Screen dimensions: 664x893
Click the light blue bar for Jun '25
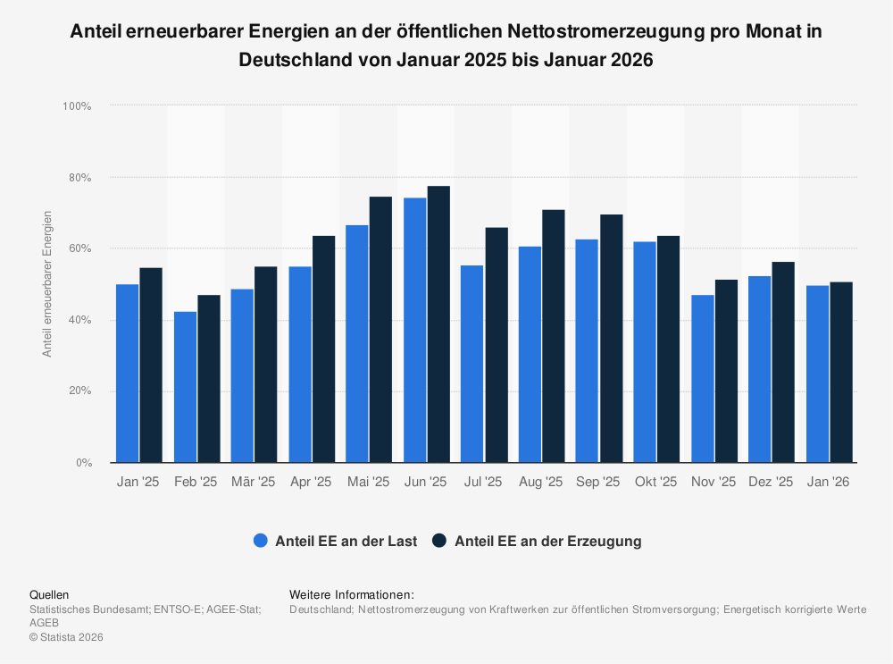click(x=414, y=331)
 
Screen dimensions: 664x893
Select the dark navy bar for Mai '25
click(x=380, y=330)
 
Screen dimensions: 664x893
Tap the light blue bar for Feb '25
click(x=185, y=387)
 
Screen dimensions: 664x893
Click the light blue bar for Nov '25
click(x=703, y=379)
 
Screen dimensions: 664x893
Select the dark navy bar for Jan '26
click(x=841, y=373)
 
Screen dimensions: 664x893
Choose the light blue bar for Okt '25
click(x=645, y=352)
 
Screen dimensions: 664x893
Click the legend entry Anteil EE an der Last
click(x=335, y=541)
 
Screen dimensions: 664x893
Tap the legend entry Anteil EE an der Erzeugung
click(x=536, y=541)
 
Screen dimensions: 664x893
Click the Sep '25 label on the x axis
click(x=598, y=482)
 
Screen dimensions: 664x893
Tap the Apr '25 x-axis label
click(x=311, y=482)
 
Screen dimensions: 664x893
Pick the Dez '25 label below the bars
click(x=771, y=482)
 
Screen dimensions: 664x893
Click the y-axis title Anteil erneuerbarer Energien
click(x=47, y=284)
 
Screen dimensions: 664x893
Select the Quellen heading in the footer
click(x=49, y=594)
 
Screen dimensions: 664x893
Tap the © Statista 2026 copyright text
click(x=66, y=637)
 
